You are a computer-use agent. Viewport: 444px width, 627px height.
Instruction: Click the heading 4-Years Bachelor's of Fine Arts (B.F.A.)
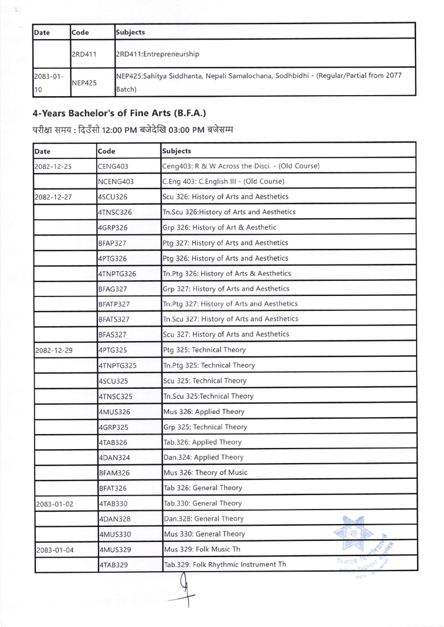pos(120,113)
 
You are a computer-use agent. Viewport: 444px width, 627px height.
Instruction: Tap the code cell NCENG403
pos(116,182)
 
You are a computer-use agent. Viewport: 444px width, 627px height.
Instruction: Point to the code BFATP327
pos(114,304)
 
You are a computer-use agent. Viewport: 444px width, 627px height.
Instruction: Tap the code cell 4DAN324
pos(114,458)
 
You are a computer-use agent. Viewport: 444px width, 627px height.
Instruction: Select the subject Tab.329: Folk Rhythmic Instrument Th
pos(224,564)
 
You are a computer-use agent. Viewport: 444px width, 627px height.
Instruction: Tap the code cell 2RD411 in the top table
pos(84,54)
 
